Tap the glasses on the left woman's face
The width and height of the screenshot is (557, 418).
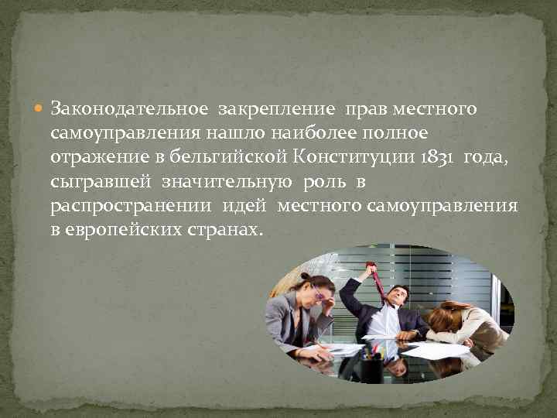pyautogui.click(x=318, y=293)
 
